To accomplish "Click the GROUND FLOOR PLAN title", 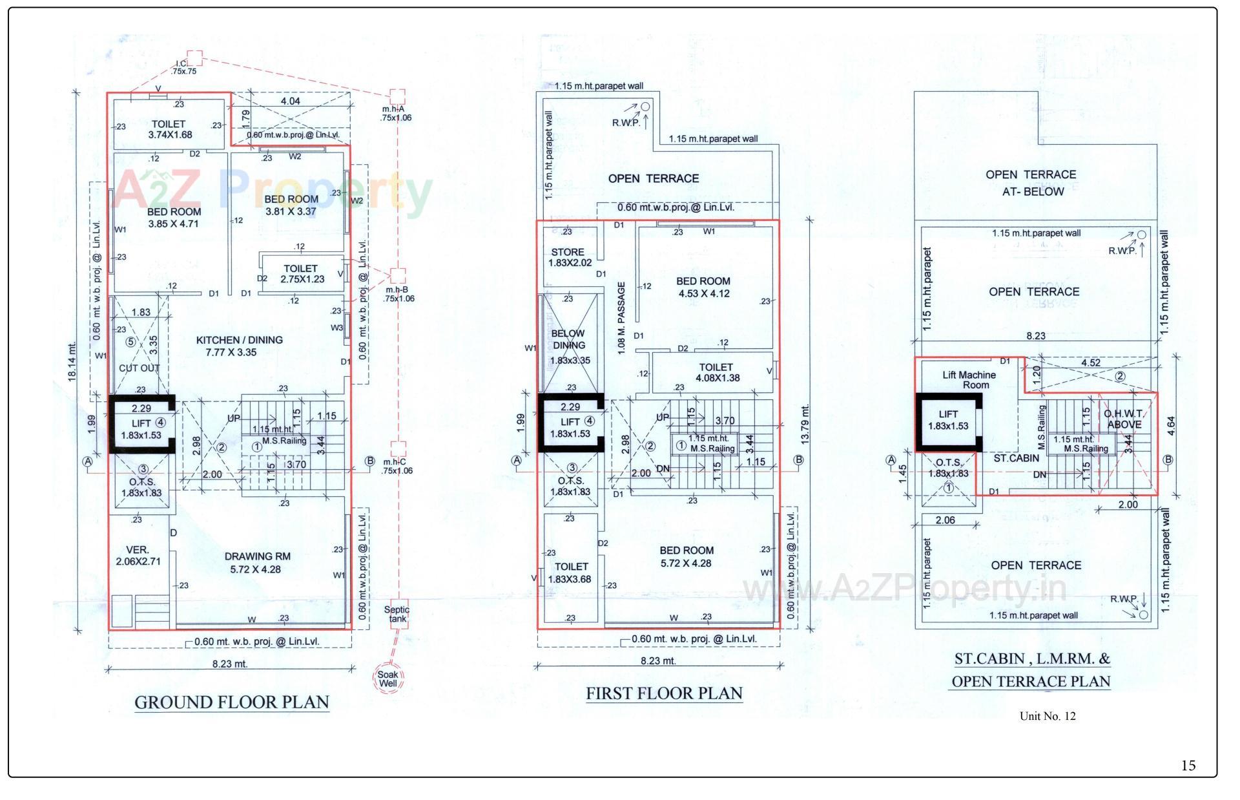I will click(232, 702).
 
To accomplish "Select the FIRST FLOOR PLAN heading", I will click(664, 693).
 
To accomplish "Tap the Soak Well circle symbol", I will click(388, 679).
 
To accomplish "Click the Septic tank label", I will click(397, 614).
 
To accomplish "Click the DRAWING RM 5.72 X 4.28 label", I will click(257, 563).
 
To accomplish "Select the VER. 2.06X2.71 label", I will click(138, 556).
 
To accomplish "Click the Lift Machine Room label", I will click(969, 380).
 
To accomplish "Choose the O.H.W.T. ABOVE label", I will click(1124, 419).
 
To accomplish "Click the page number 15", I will click(1188, 766).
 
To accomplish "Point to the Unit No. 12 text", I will click(1048, 716).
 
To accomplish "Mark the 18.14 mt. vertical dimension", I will click(72, 362).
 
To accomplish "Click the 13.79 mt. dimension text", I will click(804, 424).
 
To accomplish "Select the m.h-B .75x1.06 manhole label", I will click(397, 294).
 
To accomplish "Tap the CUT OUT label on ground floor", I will click(139, 368).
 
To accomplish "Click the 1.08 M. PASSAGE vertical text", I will click(621, 317).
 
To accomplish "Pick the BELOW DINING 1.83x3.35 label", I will click(568, 347).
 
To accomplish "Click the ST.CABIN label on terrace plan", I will click(1016, 458).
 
